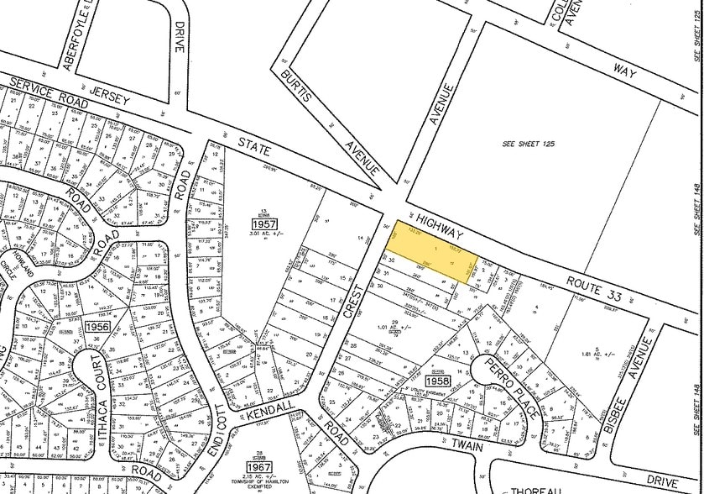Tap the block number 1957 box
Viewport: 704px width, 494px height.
click(263, 224)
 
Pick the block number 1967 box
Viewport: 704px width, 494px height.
click(258, 465)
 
